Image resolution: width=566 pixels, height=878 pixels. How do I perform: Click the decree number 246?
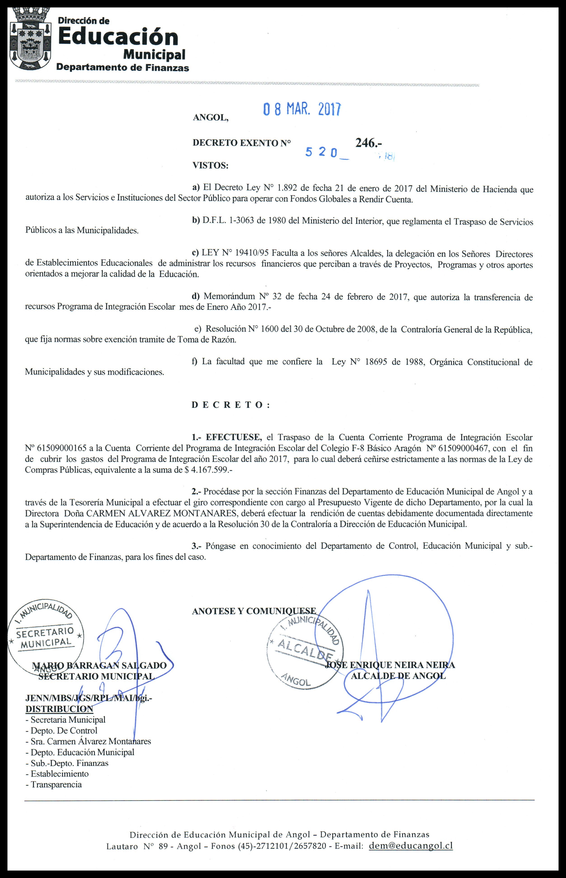(368, 143)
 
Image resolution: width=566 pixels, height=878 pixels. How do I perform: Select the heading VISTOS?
(210, 165)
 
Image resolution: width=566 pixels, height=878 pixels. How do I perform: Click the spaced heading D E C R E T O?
(231, 405)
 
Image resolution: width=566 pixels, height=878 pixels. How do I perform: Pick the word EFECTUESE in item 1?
(234, 437)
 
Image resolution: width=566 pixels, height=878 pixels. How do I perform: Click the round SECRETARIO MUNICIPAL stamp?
(46, 639)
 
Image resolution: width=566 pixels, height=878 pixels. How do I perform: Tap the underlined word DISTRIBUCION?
(59, 709)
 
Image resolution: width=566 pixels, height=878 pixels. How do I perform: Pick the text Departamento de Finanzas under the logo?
(122, 68)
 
